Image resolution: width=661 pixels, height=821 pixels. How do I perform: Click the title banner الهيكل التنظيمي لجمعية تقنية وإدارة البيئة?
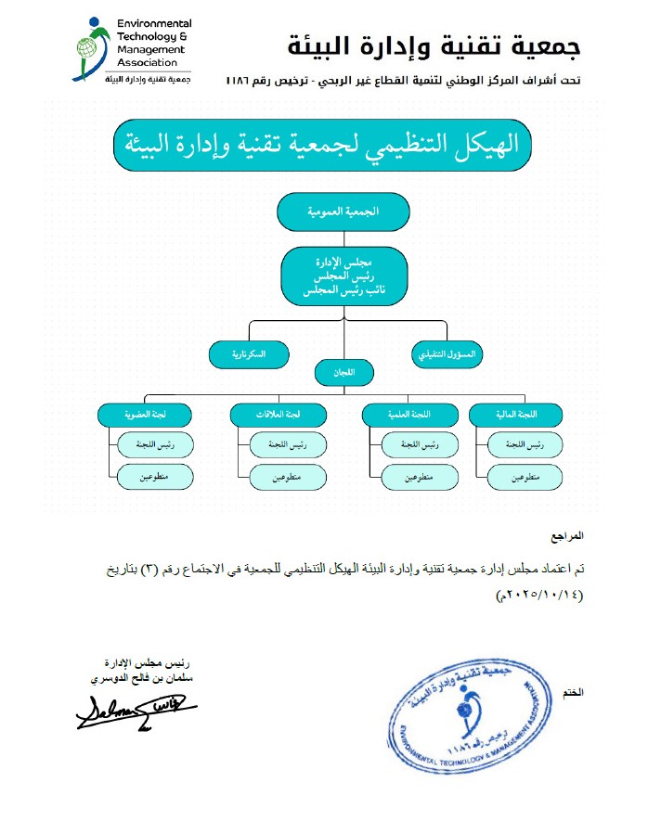point(330,147)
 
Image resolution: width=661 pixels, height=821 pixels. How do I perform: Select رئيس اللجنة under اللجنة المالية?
point(526,445)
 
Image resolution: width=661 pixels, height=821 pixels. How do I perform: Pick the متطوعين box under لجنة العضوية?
point(154,477)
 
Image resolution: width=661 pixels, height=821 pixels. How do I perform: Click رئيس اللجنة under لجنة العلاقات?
point(287,445)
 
